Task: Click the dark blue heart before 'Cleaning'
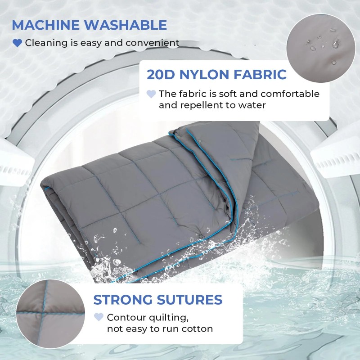click(17, 43)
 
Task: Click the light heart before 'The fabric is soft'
click(151, 94)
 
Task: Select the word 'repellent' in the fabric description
click(204, 105)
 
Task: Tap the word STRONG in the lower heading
click(123, 300)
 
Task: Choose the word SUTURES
click(189, 300)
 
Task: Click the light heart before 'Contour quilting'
click(99, 317)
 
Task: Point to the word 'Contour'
click(126, 318)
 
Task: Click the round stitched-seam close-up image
click(50, 314)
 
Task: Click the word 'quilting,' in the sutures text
click(169, 318)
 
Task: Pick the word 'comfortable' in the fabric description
click(290, 94)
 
